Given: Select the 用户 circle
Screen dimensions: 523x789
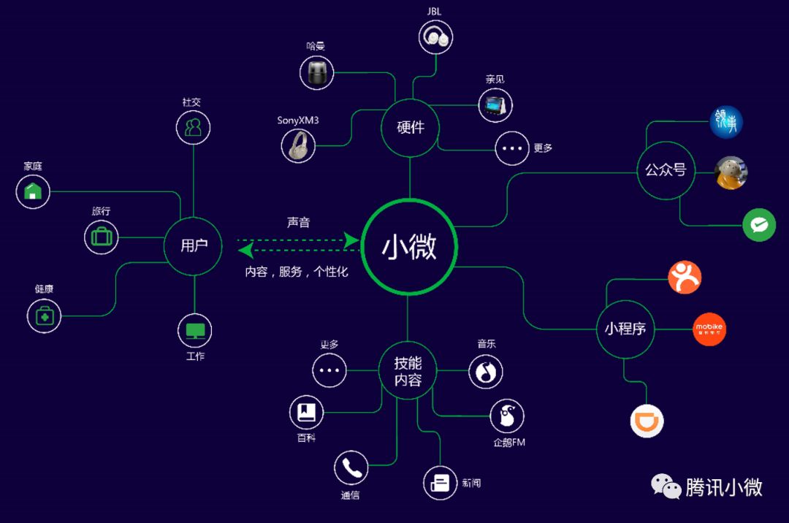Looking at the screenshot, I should click(x=194, y=246).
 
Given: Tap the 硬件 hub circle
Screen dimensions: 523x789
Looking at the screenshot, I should click(x=410, y=127).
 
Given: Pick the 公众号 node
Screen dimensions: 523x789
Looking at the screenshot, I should click(x=665, y=170).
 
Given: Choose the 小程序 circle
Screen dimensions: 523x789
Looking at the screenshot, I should click(x=625, y=329).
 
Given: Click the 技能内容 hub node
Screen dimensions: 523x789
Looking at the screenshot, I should click(x=408, y=371).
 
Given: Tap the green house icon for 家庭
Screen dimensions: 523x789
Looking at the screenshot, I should click(x=33, y=191).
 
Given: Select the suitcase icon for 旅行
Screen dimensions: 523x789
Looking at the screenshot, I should click(x=101, y=237).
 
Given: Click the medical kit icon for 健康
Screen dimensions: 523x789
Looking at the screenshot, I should click(x=45, y=316).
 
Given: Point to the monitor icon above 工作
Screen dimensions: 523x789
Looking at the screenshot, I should click(x=194, y=331).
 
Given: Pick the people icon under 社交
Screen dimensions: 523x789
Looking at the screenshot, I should click(x=193, y=128).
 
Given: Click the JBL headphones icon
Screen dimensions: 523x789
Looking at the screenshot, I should click(x=436, y=37).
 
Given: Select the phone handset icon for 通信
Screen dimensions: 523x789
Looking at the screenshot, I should click(x=351, y=467).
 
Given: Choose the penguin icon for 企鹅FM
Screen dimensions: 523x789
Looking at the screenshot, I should click(x=506, y=417).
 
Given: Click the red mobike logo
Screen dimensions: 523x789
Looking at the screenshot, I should click(x=709, y=329).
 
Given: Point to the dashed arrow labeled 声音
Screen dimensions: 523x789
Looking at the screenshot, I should click(x=299, y=239).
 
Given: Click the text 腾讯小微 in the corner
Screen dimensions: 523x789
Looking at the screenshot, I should click(x=723, y=487).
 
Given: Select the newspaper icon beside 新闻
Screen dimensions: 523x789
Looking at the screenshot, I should click(x=440, y=483).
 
